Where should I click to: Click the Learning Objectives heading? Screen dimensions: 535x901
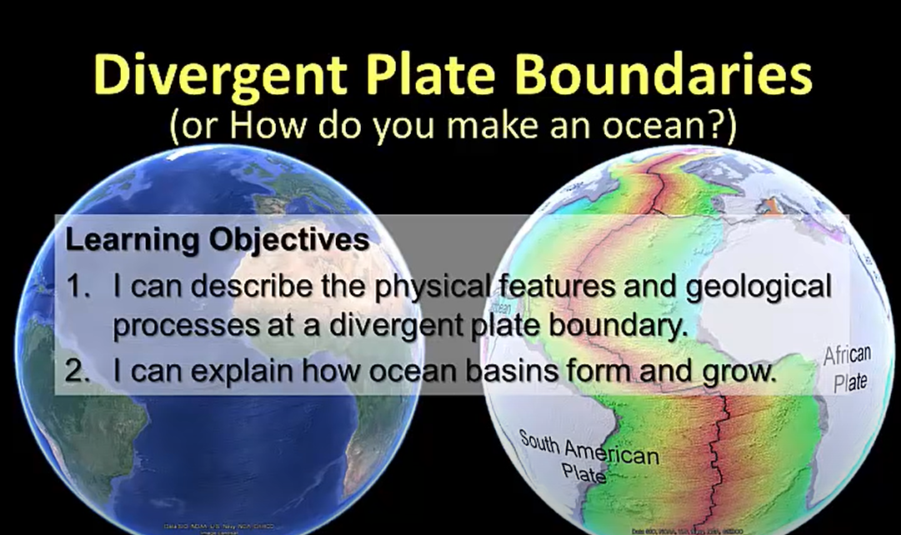(x=217, y=241)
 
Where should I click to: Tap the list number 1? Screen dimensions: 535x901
(x=78, y=287)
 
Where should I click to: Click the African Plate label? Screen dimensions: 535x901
(x=848, y=368)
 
